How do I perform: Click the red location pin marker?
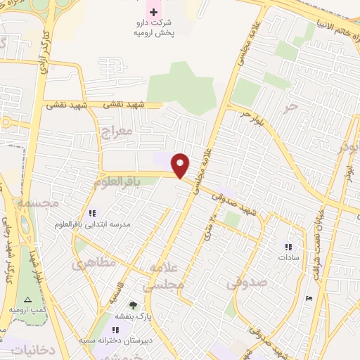point(181,165)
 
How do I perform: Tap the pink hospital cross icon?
point(154,13)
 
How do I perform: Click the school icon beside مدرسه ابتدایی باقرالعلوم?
point(91,213)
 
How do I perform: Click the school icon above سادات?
point(288,247)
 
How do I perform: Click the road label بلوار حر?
point(250,115)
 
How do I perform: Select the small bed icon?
point(310,298)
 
